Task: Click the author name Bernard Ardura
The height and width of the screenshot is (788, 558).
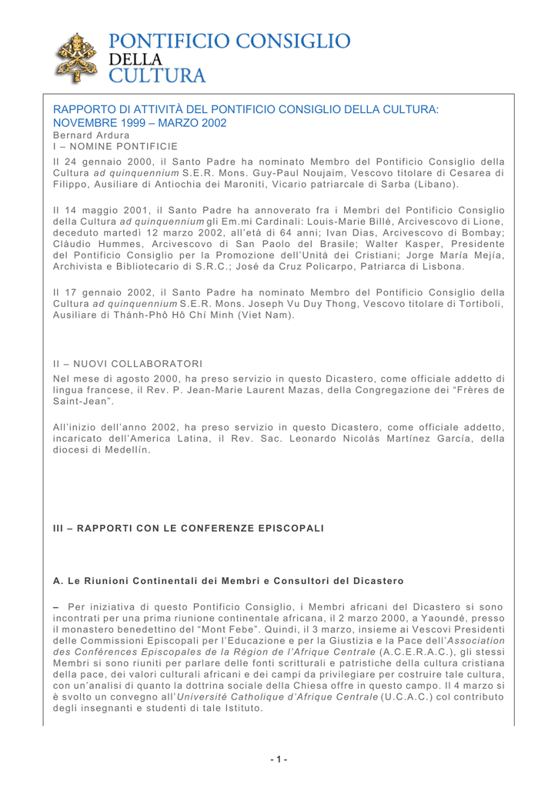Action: click(x=86, y=133)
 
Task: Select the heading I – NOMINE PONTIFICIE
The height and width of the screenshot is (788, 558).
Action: click(x=101, y=145)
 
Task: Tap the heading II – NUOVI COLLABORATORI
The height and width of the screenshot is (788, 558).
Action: click(x=114, y=361)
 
